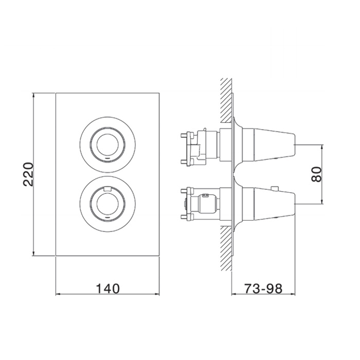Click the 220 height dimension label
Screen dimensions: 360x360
point(29,174)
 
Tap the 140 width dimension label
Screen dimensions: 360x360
point(107,289)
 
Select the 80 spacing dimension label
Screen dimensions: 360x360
point(317,174)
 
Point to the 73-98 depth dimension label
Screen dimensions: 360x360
point(263,289)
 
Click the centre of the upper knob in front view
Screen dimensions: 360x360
point(107,145)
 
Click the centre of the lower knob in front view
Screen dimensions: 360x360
point(107,204)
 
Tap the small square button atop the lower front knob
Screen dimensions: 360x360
point(107,189)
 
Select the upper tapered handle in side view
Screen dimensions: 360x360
point(274,145)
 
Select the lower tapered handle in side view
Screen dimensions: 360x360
point(274,204)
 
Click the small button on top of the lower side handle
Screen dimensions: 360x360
point(274,188)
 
